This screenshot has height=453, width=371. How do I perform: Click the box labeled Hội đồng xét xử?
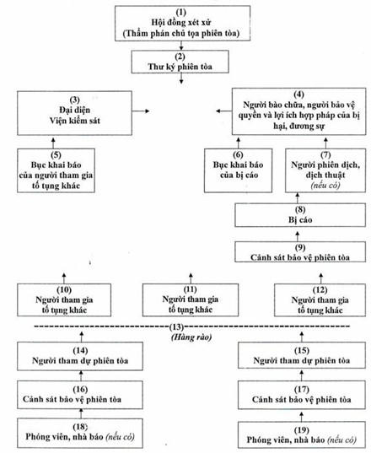(x=182, y=23)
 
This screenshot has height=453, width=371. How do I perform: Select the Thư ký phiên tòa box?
(x=180, y=62)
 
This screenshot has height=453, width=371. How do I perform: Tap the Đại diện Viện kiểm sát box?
(x=74, y=113)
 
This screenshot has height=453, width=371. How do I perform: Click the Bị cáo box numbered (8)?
(x=300, y=215)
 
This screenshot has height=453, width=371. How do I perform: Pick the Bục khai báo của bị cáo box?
(x=238, y=170)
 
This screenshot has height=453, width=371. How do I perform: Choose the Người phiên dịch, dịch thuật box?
(x=325, y=170)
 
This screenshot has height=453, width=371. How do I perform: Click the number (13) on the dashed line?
(x=176, y=326)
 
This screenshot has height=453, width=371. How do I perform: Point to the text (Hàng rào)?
(x=191, y=337)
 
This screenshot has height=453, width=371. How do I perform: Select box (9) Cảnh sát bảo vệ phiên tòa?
(x=300, y=252)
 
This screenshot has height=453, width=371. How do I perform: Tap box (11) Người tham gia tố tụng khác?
(x=191, y=299)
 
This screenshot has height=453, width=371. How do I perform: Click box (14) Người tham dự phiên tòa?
(x=80, y=356)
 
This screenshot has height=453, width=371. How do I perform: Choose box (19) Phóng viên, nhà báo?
(x=301, y=435)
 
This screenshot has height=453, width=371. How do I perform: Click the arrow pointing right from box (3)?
(x=141, y=111)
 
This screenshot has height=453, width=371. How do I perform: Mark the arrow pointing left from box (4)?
(x=224, y=111)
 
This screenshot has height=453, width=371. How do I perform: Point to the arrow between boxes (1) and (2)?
(x=181, y=46)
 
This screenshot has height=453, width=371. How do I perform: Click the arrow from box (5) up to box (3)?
(x=53, y=143)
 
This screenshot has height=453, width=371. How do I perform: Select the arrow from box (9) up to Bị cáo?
(x=298, y=236)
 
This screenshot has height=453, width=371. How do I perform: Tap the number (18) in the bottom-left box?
(x=80, y=426)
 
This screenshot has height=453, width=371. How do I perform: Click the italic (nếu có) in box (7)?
(x=325, y=185)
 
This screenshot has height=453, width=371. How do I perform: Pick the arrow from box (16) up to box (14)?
(x=81, y=376)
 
